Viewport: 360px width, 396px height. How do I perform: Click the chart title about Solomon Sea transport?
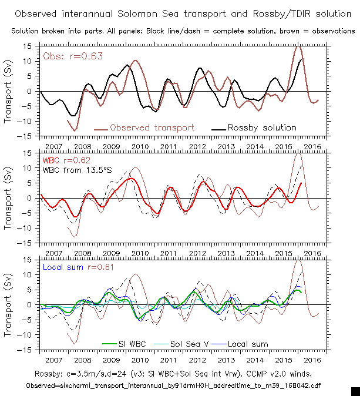(179, 12)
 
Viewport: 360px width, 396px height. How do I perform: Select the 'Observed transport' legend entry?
(152, 127)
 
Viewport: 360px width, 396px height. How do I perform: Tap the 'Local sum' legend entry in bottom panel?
(248, 344)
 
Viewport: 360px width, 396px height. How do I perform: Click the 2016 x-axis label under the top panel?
(312, 146)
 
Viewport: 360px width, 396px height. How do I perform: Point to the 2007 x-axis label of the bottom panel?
(53, 359)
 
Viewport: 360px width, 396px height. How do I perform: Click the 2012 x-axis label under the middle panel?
(197, 253)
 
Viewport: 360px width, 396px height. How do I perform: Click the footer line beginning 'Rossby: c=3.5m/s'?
(179, 373)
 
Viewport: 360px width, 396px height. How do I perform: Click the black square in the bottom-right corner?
(355, 391)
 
